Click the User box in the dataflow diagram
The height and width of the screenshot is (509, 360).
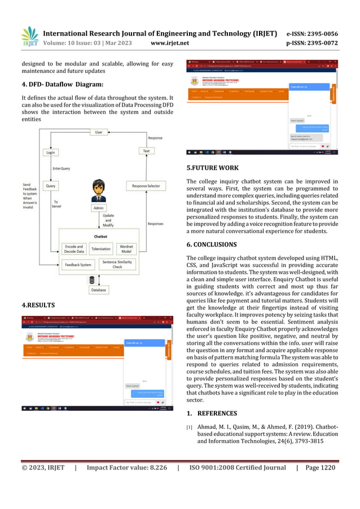tap(99, 132)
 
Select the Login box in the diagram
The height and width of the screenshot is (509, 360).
tap(51, 152)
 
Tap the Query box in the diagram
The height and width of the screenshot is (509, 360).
tap(51, 185)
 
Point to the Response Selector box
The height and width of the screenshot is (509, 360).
tap(146, 186)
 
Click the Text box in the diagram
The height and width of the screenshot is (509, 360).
tap(146, 151)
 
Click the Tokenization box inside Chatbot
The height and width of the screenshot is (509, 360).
tap(101, 248)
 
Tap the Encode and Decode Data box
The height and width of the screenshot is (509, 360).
tap(74, 248)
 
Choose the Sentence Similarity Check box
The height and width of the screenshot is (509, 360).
tap(117, 264)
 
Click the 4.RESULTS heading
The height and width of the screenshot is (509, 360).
tap(38, 305)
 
